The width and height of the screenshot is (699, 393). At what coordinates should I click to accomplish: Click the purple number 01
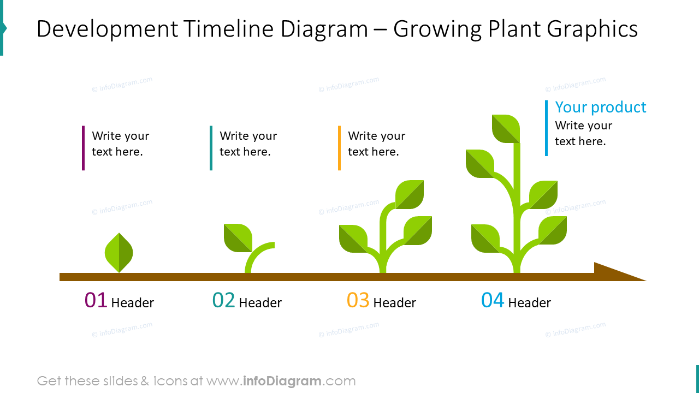click(x=96, y=301)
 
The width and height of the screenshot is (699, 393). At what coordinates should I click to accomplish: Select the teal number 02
click(x=223, y=301)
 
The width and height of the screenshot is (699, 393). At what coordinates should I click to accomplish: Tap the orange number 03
click(x=358, y=301)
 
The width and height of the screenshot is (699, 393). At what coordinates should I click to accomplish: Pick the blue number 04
click(x=492, y=301)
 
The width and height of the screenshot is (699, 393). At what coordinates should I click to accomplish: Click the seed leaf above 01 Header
click(x=119, y=253)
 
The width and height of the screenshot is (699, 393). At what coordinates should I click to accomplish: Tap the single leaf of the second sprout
click(x=238, y=238)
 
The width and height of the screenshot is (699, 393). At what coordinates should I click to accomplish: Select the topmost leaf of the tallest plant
click(x=506, y=129)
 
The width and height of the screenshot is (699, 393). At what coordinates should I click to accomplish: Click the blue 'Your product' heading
click(x=600, y=107)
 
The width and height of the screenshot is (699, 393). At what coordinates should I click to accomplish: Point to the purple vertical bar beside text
click(x=83, y=148)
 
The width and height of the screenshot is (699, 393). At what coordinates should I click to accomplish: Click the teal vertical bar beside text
click(x=211, y=148)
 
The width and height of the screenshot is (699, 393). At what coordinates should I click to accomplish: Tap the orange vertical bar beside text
click(x=339, y=148)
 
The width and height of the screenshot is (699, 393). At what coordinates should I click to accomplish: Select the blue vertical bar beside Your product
click(x=546, y=128)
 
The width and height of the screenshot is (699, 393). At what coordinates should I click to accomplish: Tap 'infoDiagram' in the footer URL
click(x=282, y=381)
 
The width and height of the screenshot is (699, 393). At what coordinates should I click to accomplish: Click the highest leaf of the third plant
click(x=410, y=194)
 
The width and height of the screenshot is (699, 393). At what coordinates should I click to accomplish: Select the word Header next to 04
click(x=529, y=303)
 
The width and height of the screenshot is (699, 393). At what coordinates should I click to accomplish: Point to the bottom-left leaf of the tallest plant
click(x=485, y=239)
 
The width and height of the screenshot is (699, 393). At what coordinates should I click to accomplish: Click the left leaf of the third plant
click(x=353, y=239)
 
